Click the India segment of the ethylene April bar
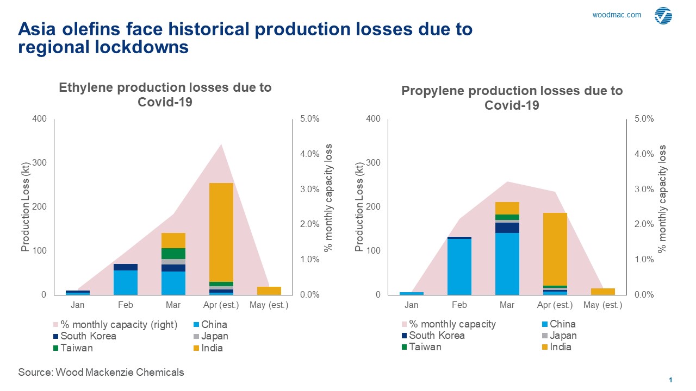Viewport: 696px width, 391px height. tap(221, 232)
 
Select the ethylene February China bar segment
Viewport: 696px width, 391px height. tap(126, 282)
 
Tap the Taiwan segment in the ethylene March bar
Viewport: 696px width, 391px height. tap(173, 254)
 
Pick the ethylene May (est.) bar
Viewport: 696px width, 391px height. tap(269, 291)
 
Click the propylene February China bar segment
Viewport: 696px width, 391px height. tap(459, 267)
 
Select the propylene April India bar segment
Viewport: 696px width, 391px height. tap(555, 249)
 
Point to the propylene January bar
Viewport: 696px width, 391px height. tap(412, 293)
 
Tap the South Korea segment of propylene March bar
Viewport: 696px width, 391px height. tap(507, 228)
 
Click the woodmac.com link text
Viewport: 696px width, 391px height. tap(617, 15)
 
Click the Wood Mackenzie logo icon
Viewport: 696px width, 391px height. tap(663, 16)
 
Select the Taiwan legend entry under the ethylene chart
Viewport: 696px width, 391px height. tap(73, 348)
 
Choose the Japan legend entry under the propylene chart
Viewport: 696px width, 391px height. tap(560, 336)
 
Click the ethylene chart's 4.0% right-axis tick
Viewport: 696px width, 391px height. tap(310, 154)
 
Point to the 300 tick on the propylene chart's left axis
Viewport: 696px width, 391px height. tap(373, 162)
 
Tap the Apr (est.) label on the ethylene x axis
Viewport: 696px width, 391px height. tap(221, 305)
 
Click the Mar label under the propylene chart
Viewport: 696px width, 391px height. tap(507, 305)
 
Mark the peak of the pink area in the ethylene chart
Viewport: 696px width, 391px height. tap(221, 144)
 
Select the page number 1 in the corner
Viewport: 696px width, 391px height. tap(670, 380)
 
